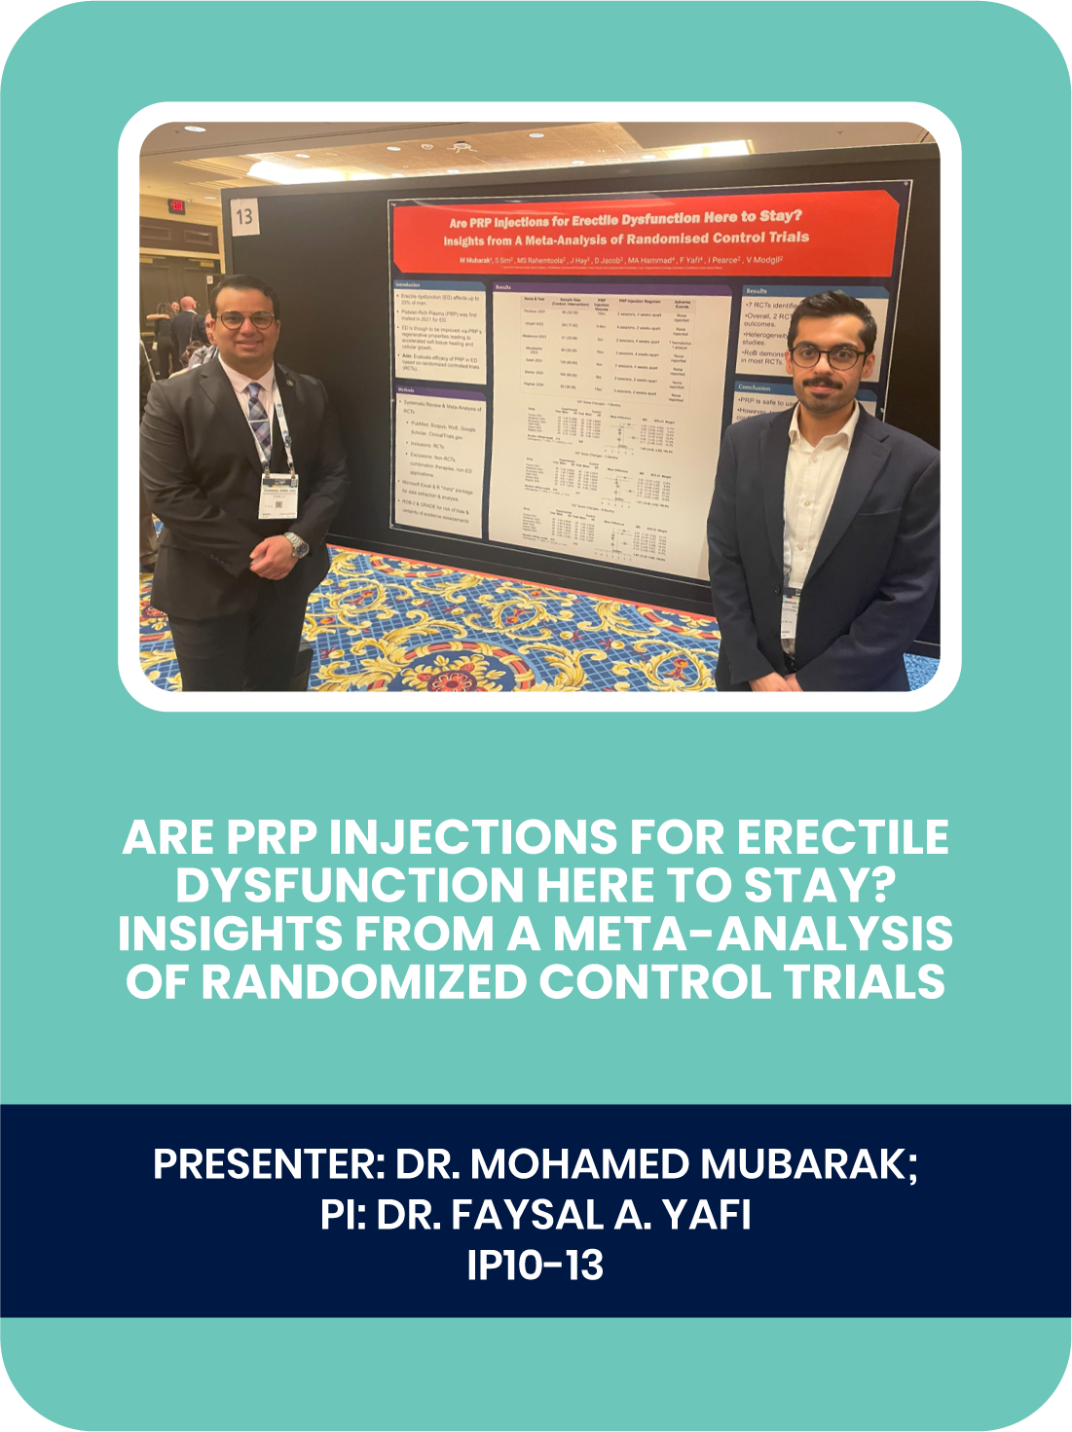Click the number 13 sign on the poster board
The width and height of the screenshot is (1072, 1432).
(244, 215)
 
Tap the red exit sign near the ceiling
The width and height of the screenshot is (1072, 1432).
(177, 205)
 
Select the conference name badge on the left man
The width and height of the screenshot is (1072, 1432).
(278, 494)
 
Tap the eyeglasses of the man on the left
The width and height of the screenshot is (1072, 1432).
(243, 319)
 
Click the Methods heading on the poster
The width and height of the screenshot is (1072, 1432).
(408, 390)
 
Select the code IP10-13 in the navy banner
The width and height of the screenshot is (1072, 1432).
(536, 1266)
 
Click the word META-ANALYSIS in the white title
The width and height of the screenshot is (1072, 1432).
(753, 933)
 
